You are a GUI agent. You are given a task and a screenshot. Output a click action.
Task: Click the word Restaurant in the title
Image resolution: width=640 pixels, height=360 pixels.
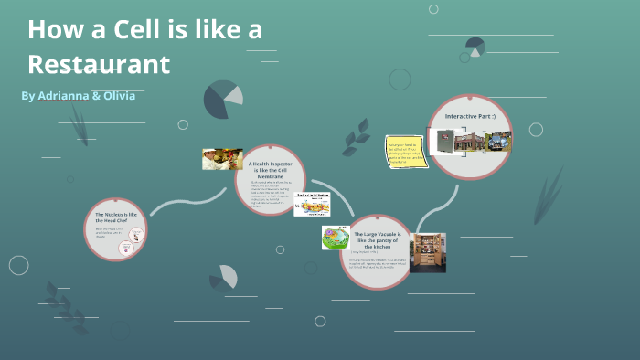pos(99,64)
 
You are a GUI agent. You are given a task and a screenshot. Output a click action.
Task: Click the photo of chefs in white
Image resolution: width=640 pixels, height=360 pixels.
pos(222,159)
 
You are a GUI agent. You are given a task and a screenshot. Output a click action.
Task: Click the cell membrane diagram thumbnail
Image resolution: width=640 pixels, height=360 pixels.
pos(311,204)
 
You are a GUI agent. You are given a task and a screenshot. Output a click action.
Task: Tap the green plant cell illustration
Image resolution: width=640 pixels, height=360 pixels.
pos(336,238)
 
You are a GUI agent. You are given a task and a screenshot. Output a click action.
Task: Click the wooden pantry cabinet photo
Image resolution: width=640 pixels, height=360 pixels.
pos(427,252)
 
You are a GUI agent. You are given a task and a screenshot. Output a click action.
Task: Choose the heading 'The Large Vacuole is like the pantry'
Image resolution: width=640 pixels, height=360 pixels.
pos(378,239)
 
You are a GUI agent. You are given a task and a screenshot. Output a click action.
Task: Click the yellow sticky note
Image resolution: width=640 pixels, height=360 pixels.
pos(403,150)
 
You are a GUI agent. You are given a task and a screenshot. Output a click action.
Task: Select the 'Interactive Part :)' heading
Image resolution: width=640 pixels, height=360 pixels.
pos(470,117)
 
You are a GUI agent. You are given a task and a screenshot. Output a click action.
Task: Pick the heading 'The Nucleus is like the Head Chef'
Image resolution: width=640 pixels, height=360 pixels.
pos(115,217)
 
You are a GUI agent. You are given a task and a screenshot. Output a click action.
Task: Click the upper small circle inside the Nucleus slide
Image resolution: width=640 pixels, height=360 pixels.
pos(135,233)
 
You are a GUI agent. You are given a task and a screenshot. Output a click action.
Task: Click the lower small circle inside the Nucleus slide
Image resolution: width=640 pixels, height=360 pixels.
pos(130,247)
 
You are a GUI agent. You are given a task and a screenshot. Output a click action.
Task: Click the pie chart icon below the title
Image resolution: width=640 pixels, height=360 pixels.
pos(223,100)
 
